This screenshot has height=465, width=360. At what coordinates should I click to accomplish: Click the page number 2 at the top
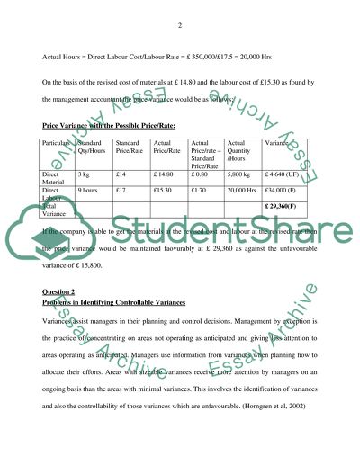[x=180, y=24]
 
